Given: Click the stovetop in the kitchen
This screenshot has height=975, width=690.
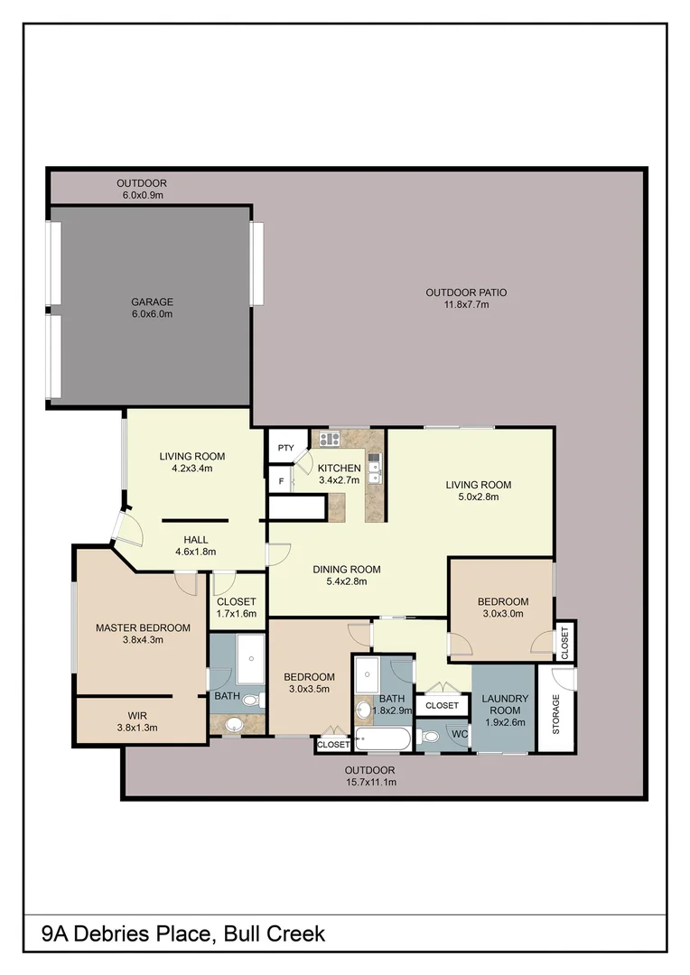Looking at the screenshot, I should tap(329, 440).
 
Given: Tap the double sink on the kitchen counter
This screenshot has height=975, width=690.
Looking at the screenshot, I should tap(375, 468).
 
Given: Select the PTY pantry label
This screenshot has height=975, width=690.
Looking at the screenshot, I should tap(286, 448).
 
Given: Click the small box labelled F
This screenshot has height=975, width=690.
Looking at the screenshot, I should tap(281, 481).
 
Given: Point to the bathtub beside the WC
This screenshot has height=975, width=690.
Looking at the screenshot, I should tap(383, 739).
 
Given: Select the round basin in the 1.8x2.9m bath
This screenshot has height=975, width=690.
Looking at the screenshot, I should tap(364, 709).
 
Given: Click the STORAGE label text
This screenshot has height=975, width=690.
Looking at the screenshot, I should tap(556, 713).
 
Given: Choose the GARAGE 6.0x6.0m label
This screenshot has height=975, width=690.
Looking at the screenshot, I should tap(151, 308).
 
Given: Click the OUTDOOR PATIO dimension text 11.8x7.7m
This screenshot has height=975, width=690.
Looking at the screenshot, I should tap(466, 305).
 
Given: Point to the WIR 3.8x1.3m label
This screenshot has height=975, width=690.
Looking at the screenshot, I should tap(137, 720).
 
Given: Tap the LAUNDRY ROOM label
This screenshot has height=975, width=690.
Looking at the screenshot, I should tap(504, 704).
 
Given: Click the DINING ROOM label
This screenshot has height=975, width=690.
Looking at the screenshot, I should tap(346, 575).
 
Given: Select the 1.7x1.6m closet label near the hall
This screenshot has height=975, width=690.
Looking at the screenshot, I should tap(237, 608).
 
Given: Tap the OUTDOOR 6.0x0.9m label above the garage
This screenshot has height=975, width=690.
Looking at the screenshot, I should tap(141, 189).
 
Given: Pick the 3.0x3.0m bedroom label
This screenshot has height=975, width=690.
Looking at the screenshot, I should tap(503, 608).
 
